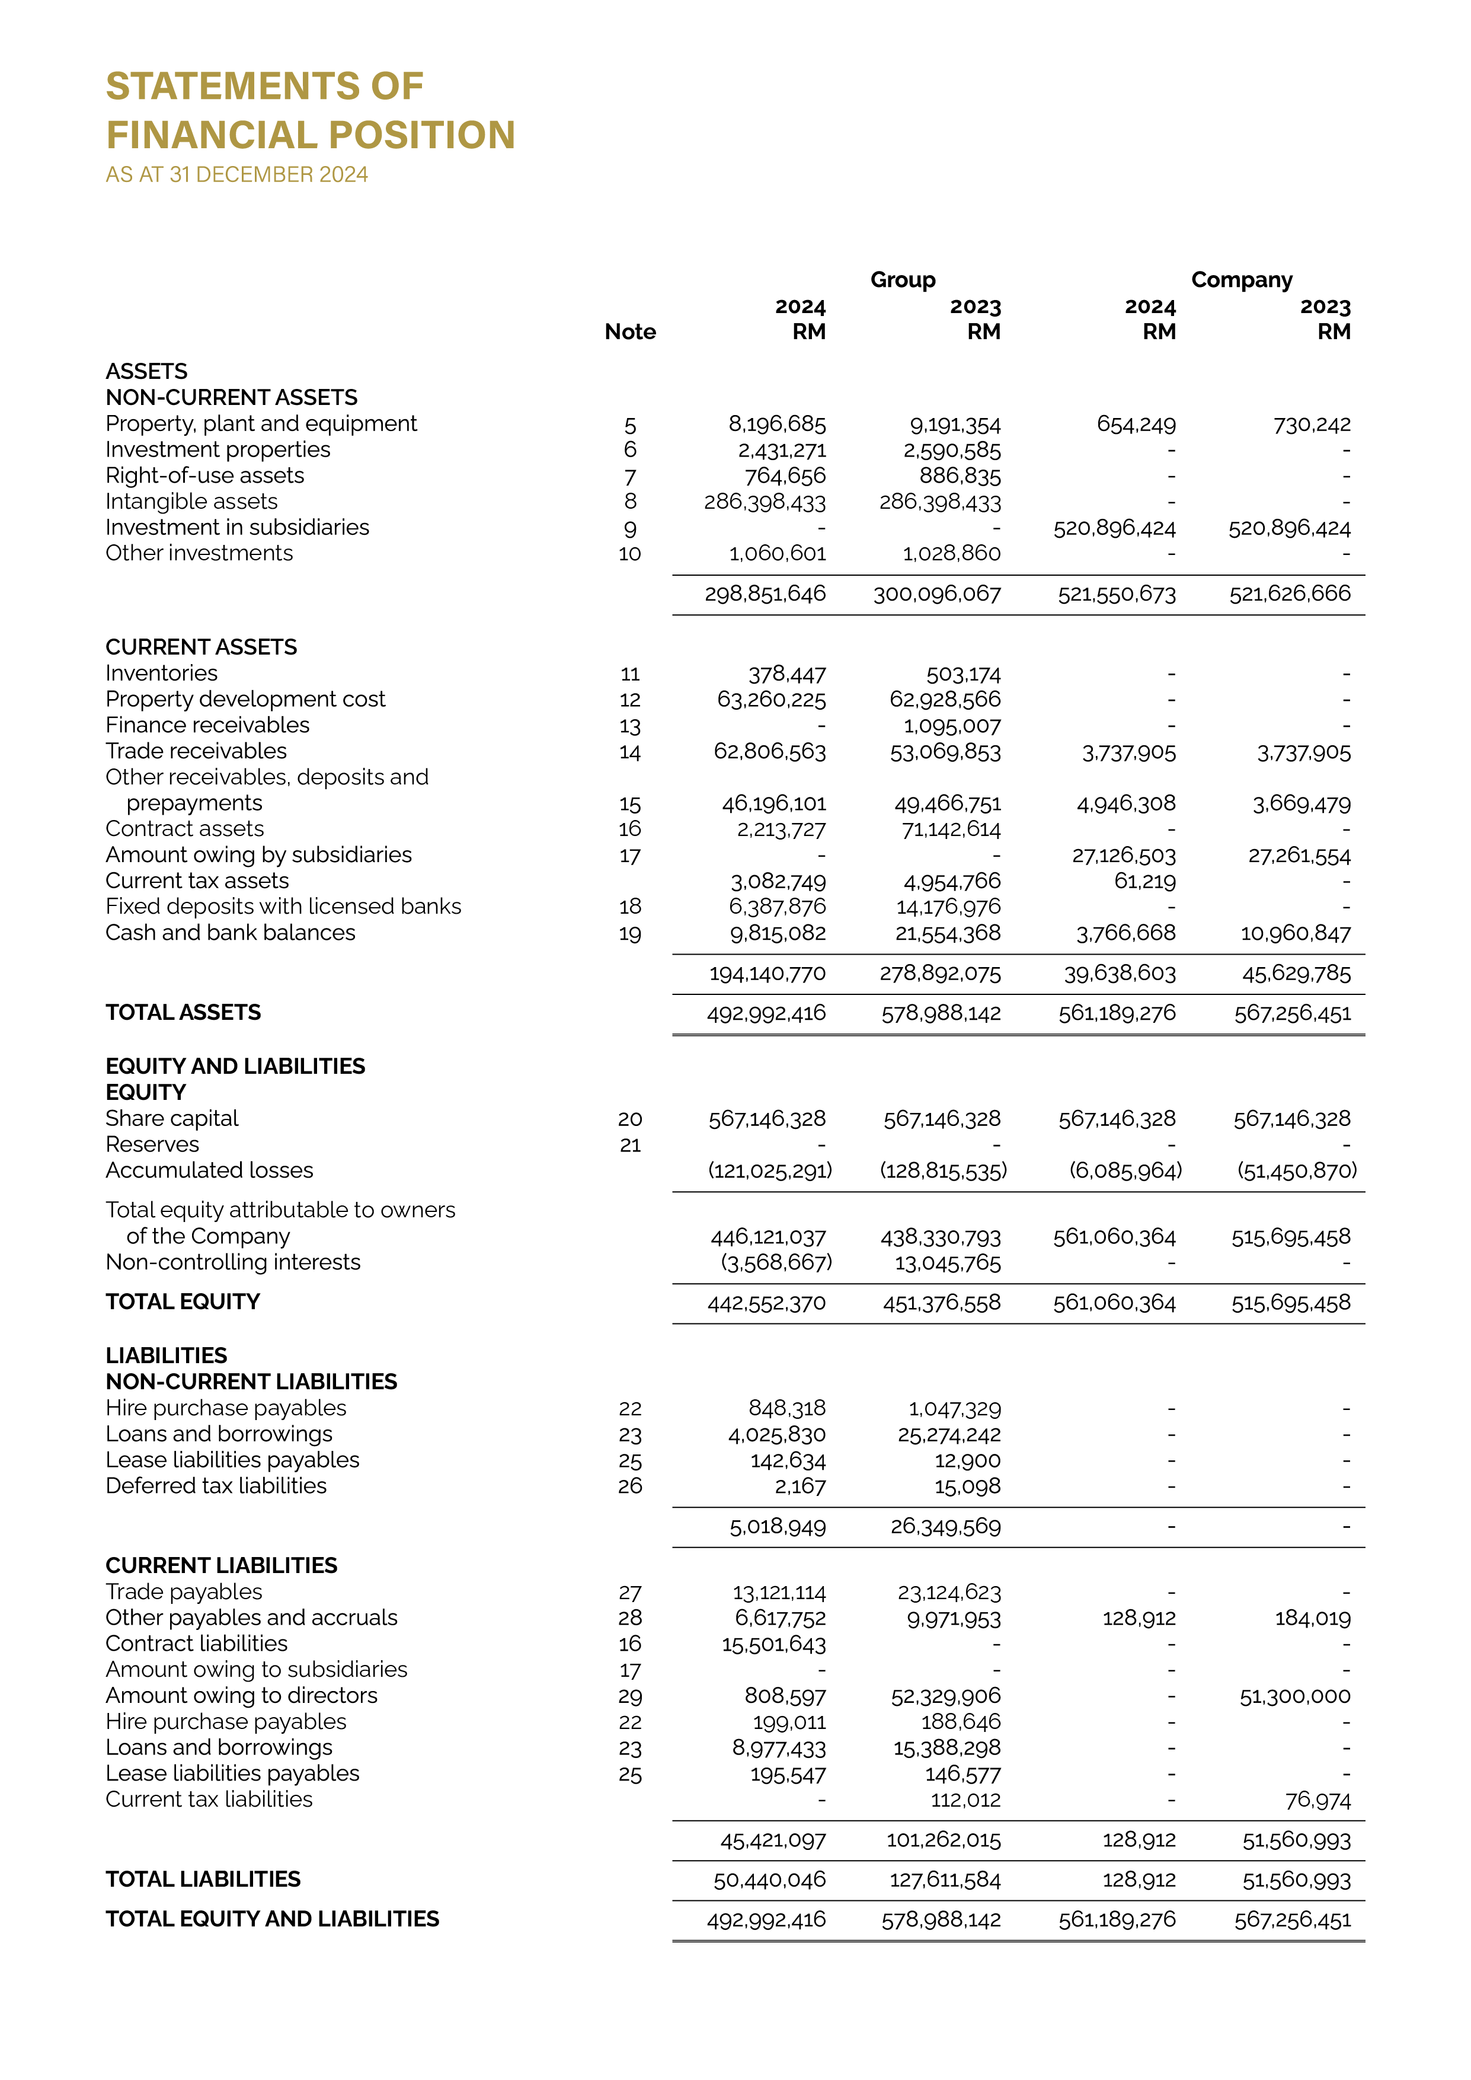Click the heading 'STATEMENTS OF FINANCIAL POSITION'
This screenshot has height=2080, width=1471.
click(310, 110)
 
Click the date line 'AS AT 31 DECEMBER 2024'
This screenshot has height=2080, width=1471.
click(236, 175)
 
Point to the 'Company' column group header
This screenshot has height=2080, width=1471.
click(1241, 280)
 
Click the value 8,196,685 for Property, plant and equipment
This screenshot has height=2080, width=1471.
click(777, 424)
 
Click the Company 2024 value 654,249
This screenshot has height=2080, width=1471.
click(1136, 424)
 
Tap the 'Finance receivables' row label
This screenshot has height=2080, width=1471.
click(207, 726)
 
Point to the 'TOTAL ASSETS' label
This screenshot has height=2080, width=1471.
click(183, 1013)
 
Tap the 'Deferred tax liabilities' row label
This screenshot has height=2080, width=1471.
click(216, 1486)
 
